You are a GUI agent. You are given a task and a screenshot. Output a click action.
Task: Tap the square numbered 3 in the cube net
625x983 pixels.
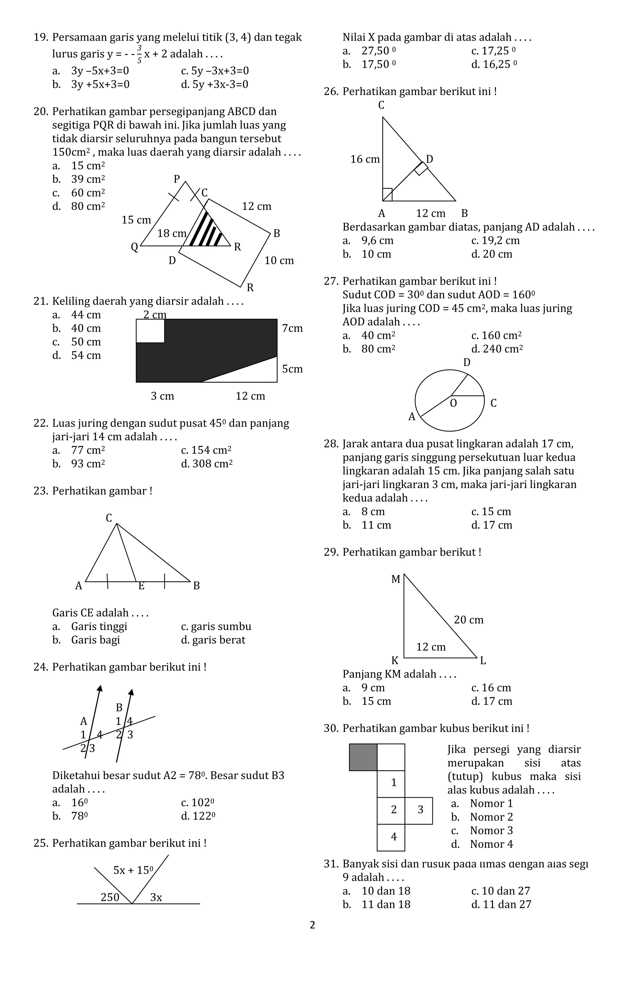(420, 810)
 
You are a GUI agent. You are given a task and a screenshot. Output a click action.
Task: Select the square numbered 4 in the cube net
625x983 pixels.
(393, 836)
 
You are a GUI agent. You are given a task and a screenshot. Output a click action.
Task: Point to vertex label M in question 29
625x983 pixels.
(395, 579)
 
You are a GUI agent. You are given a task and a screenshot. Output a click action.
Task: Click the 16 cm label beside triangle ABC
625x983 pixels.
(365, 159)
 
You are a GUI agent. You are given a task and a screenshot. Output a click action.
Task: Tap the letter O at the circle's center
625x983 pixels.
(453, 403)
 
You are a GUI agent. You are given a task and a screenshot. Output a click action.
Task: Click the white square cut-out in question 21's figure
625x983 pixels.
(150, 331)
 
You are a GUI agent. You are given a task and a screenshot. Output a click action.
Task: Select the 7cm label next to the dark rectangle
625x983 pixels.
(292, 328)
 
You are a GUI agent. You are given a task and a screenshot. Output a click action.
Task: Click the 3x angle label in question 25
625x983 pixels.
(156, 897)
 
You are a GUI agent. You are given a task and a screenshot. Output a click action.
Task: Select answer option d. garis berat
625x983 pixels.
(213, 640)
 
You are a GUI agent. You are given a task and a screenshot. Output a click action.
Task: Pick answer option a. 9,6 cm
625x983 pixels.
(368, 240)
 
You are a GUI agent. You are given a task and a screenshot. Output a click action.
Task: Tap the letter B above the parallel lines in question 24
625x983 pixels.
(119, 707)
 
